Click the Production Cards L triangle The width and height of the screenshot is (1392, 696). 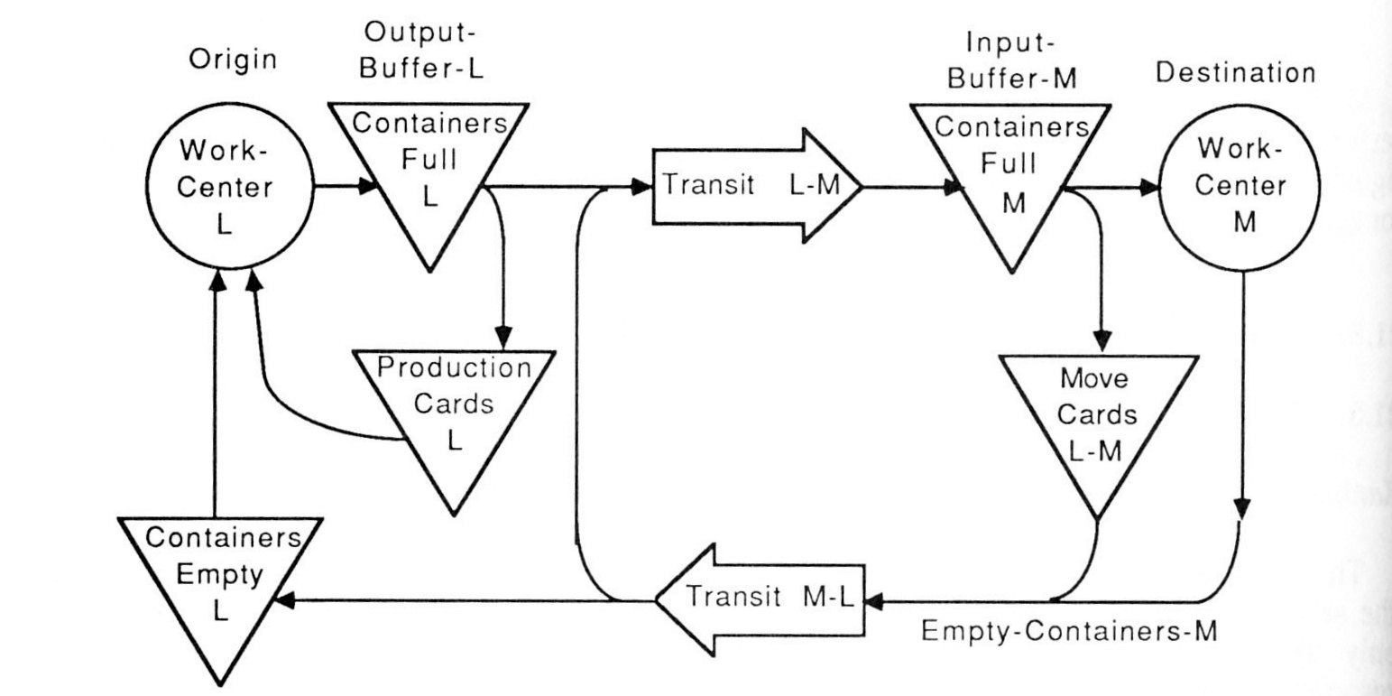click(x=454, y=403)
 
